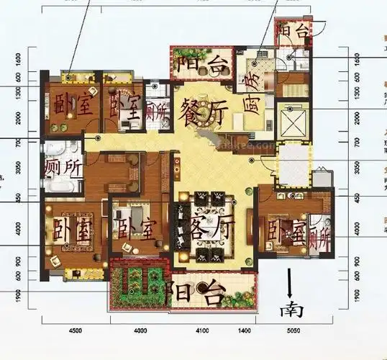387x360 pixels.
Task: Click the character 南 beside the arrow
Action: pos(292,310)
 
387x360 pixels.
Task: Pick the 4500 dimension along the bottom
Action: pos(76,330)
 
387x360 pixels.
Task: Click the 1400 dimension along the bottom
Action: pos(244,330)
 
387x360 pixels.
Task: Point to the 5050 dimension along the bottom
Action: pos(292,330)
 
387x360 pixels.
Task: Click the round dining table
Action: pos(204,108)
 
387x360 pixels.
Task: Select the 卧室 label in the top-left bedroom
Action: pos(72,107)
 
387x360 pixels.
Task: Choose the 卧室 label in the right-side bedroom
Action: pos(285,233)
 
